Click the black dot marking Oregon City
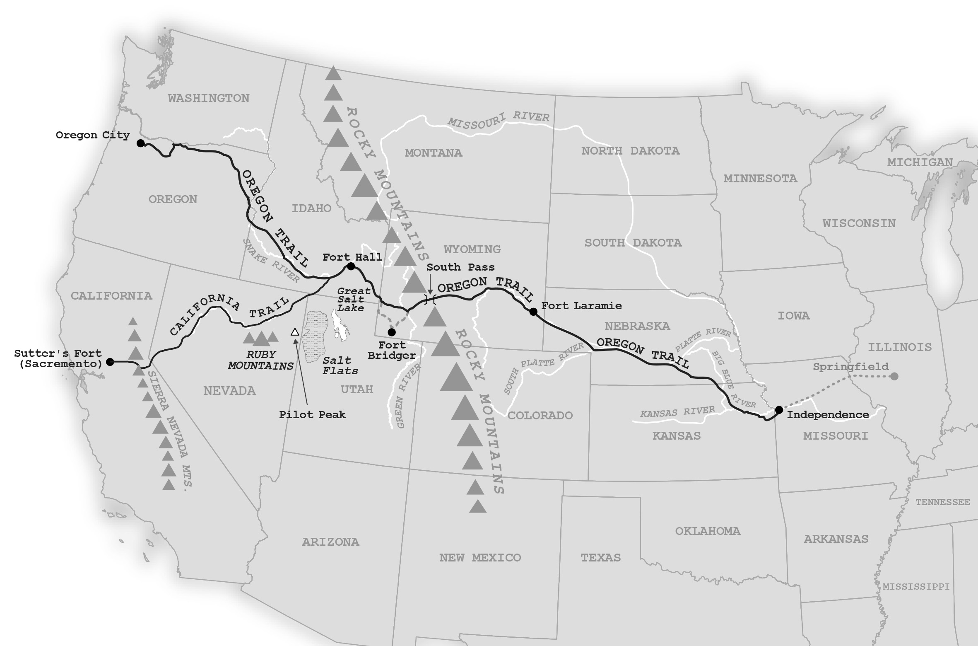click(140, 143)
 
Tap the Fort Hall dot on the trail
click(351, 266)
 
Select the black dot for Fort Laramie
click(533, 312)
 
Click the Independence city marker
click(779, 410)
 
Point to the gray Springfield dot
click(894, 376)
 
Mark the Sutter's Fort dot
click(110, 362)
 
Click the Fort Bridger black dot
click(392, 332)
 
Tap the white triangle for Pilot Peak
click(295, 332)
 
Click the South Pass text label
click(460, 267)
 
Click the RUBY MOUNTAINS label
click(261, 360)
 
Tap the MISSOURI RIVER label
click(499, 121)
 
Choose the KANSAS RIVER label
click(677, 411)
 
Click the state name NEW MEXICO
click(480, 558)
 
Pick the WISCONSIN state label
click(859, 223)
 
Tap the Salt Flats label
click(340, 365)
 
